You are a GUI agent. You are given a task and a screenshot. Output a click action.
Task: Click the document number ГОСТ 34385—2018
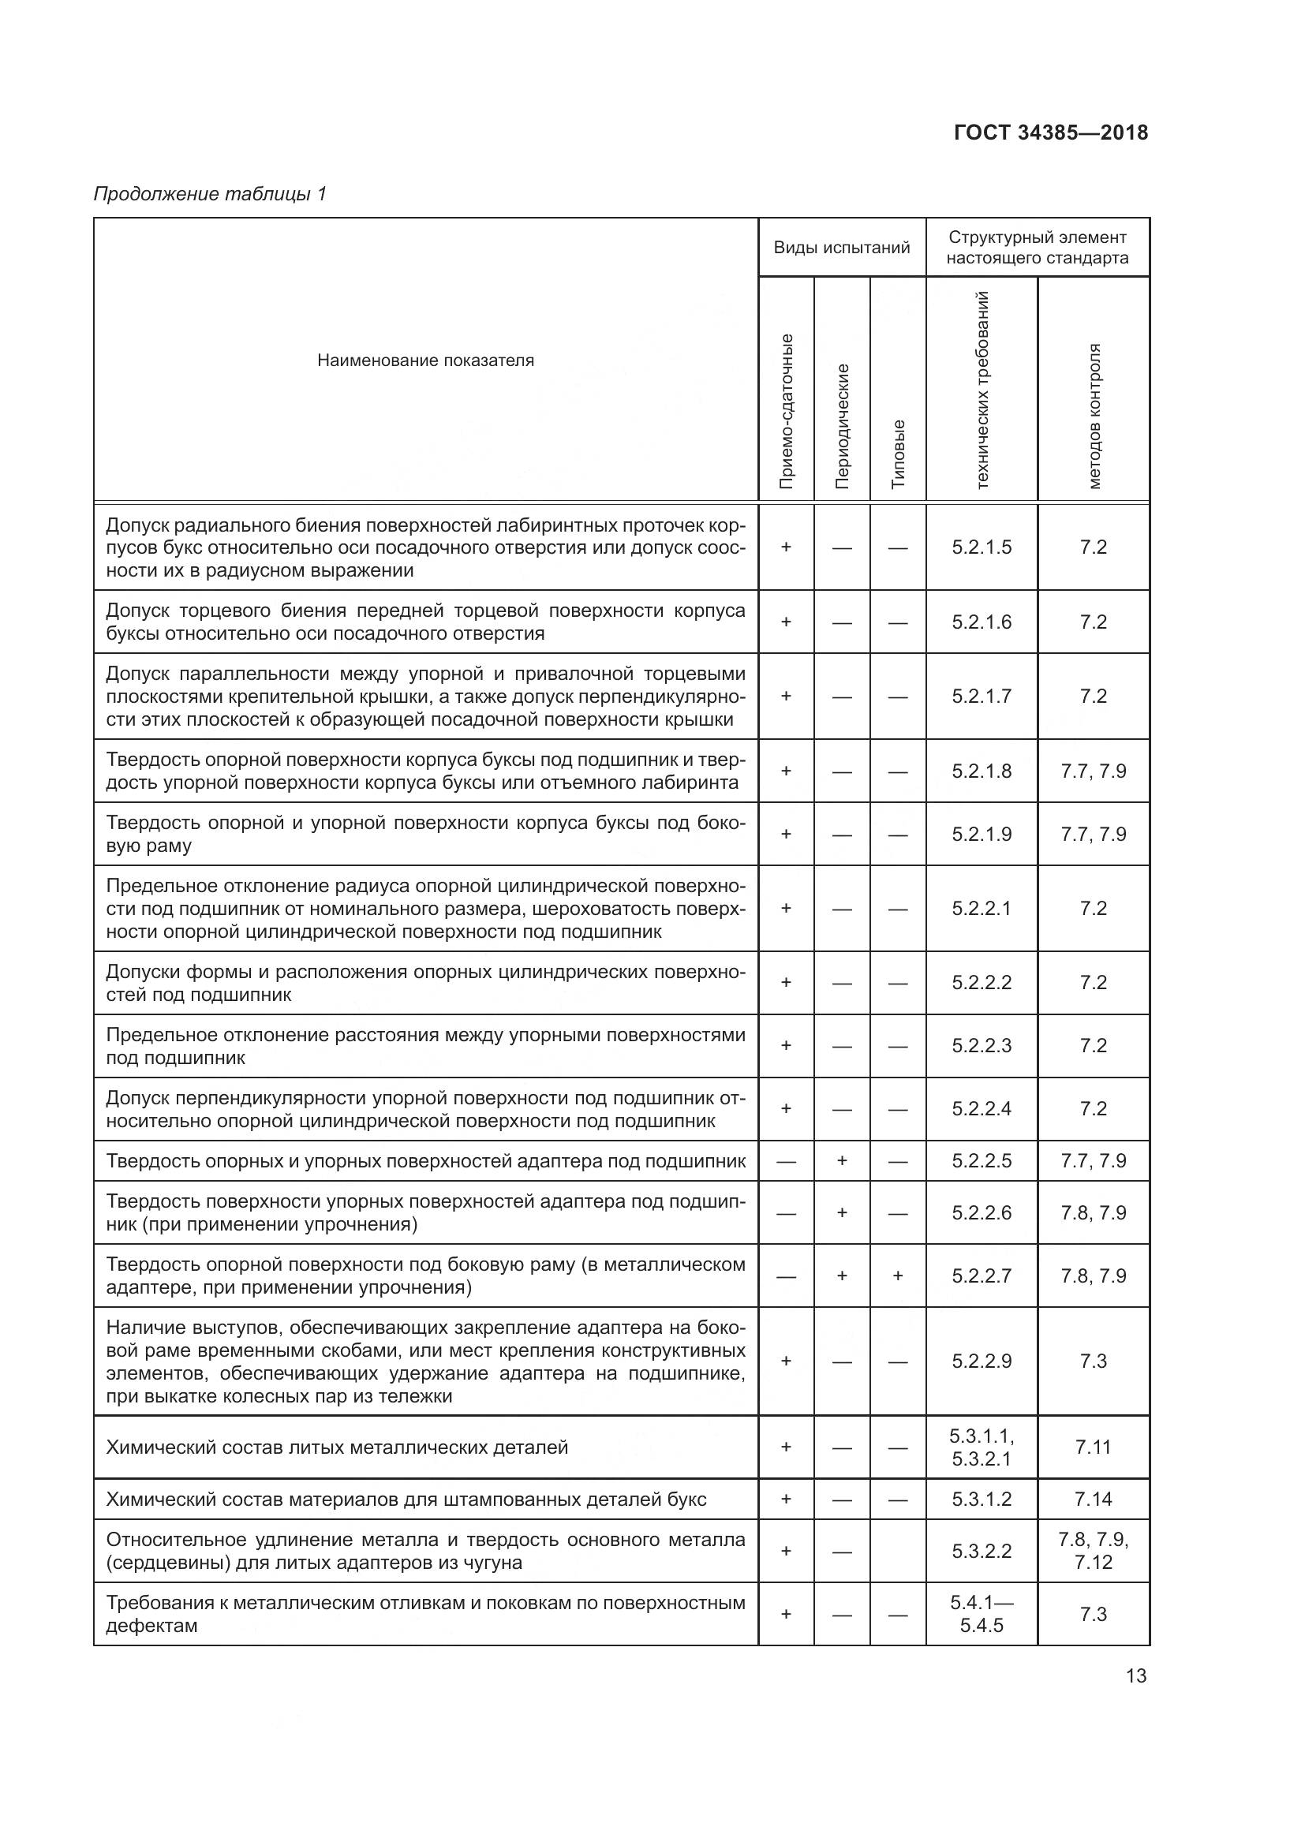coord(1050,133)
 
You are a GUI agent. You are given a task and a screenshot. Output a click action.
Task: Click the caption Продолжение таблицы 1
coord(211,194)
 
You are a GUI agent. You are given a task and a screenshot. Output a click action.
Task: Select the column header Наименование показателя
coord(425,360)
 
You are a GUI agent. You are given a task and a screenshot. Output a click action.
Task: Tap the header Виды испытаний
coord(841,248)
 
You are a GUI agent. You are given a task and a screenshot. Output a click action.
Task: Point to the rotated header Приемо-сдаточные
coord(786,411)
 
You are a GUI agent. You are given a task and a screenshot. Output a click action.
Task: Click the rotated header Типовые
coord(898,454)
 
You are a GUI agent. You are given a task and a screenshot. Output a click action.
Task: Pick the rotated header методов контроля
coord(1094,416)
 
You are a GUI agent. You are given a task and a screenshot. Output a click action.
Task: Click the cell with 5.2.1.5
coord(982,547)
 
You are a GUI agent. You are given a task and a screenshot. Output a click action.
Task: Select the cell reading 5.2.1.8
coord(982,771)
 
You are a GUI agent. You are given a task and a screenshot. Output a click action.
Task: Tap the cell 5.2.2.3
coord(982,1045)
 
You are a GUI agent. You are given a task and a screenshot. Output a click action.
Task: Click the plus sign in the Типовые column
coord(898,1275)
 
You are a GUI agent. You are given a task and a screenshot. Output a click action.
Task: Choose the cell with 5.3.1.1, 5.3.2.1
coord(982,1447)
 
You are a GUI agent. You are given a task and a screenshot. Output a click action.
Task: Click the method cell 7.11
coord(1093,1447)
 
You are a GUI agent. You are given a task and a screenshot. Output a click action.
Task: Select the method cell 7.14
coord(1093,1499)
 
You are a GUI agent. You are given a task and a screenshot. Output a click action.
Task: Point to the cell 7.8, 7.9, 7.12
coord(1093,1551)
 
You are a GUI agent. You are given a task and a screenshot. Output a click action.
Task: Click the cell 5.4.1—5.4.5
coord(982,1614)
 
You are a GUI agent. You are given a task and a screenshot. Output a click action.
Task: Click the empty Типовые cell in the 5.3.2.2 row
coord(898,1551)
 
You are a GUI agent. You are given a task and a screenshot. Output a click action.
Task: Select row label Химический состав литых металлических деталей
coord(337,1447)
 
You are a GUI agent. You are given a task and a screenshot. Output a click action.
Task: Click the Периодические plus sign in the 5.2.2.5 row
coord(841,1160)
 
